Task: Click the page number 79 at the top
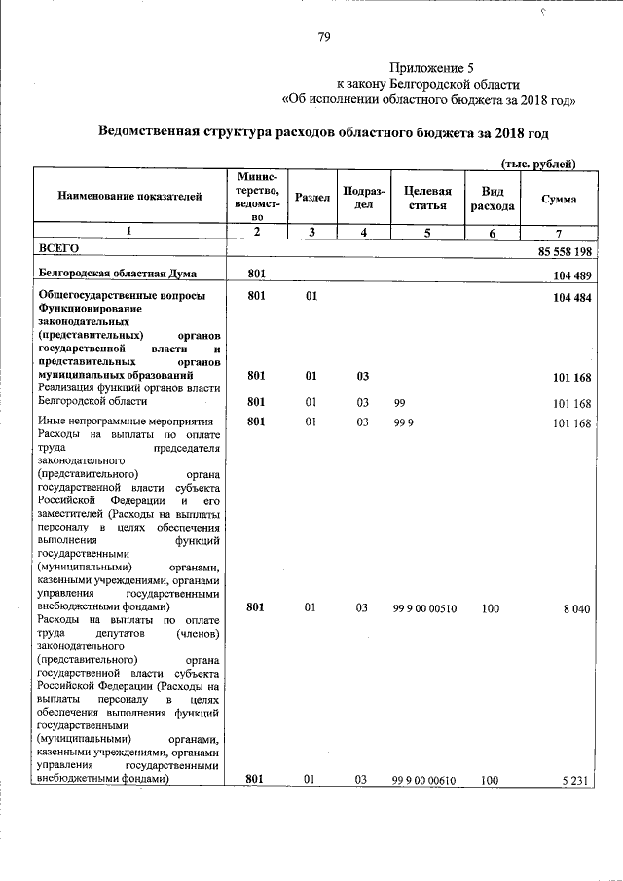[x=325, y=38]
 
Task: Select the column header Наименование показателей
[x=130, y=198]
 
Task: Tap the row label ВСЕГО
[x=56, y=250]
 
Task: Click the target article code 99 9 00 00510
[x=425, y=608]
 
